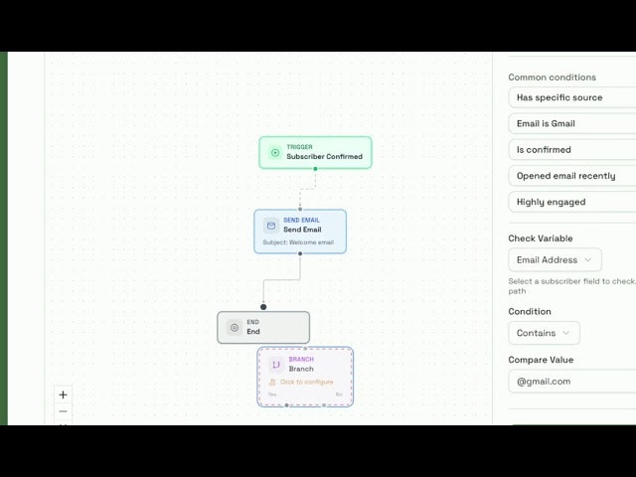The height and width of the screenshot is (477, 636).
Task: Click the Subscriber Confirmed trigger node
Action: click(315, 152)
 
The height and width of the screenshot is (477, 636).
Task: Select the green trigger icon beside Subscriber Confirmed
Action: click(275, 152)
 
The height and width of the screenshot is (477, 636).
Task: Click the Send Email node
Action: click(300, 231)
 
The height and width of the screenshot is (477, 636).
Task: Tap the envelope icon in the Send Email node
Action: click(270, 226)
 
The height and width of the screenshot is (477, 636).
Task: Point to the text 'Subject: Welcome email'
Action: click(298, 242)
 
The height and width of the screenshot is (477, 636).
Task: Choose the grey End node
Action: click(263, 327)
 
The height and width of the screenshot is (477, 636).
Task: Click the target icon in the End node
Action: click(235, 327)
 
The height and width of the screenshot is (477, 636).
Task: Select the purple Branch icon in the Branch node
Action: click(276, 365)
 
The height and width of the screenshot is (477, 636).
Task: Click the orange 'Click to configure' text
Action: click(306, 382)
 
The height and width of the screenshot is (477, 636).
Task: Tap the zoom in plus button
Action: click(64, 395)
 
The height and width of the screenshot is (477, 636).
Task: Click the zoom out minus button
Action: click(64, 411)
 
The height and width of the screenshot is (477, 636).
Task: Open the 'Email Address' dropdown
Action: click(555, 259)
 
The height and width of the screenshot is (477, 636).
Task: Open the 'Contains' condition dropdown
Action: click(544, 333)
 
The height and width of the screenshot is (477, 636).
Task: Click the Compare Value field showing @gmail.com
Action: click(571, 381)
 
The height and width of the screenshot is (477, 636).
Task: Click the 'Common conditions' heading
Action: click(552, 77)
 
